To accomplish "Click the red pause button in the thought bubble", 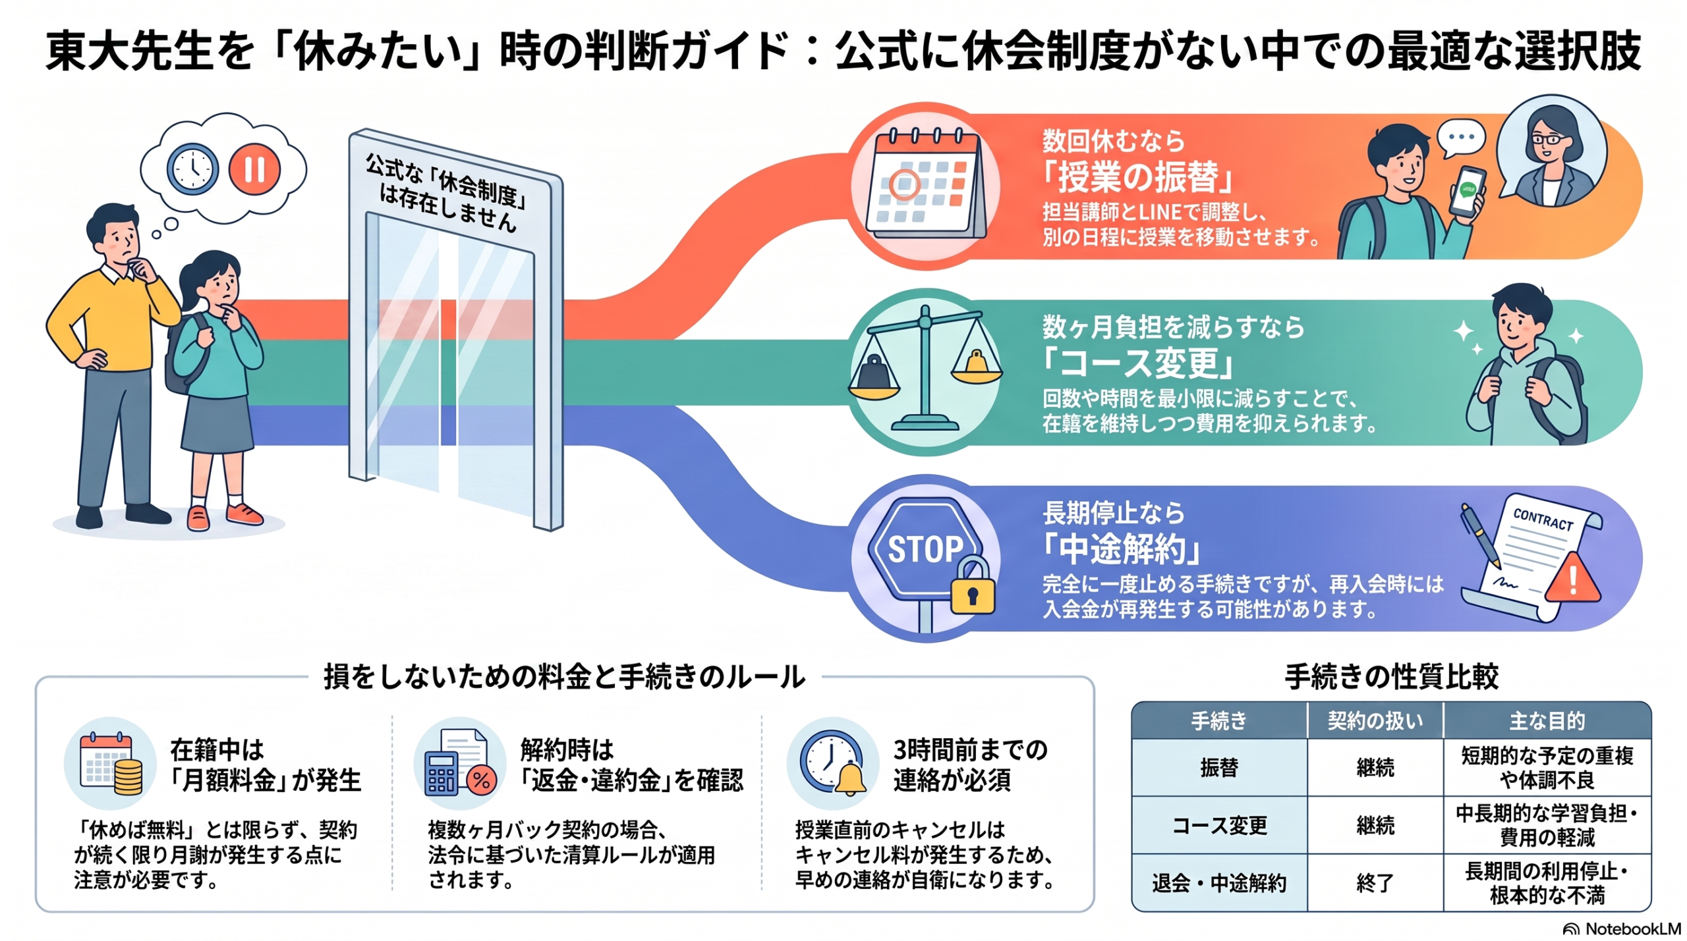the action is click(254, 169).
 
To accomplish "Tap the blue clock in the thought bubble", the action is click(192, 169).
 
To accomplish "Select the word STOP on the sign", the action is click(925, 549).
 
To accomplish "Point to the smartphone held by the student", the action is click(1467, 193).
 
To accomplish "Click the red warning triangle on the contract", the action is click(1572, 579).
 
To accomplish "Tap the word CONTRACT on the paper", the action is click(1543, 520).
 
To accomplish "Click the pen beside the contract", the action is click(1480, 536).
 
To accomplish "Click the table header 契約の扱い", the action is click(1375, 720).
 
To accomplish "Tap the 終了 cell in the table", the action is click(1375, 883).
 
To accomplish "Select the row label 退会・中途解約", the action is click(1219, 883).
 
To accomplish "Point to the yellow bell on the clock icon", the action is click(851, 779).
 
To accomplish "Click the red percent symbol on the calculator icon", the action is click(481, 781).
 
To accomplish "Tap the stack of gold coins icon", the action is click(129, 776).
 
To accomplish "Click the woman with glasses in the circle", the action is click(1551, 157).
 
